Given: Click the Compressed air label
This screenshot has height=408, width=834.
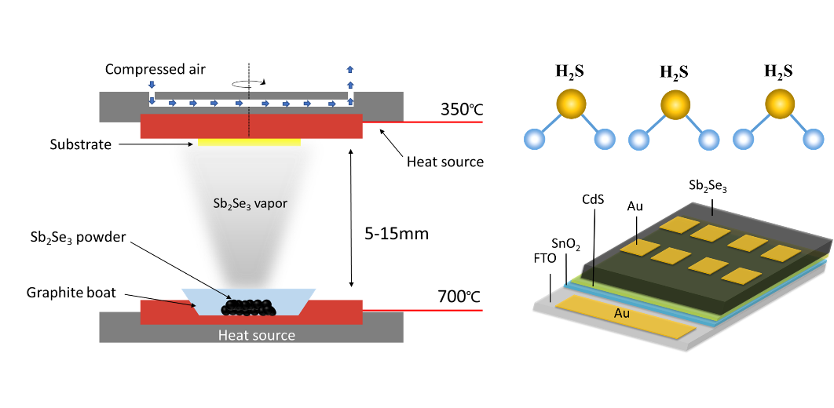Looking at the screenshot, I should tap(155, 70).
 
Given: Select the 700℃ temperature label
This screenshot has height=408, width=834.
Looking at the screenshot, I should tap(459, 298).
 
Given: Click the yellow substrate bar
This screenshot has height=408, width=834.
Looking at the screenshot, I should tap(249, 142).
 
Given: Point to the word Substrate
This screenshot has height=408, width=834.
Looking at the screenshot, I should tap(80, 144).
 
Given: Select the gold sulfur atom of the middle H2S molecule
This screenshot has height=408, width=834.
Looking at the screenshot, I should tap(674, 105).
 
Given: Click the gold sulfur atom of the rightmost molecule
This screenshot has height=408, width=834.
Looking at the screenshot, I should tap(778, 105).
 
